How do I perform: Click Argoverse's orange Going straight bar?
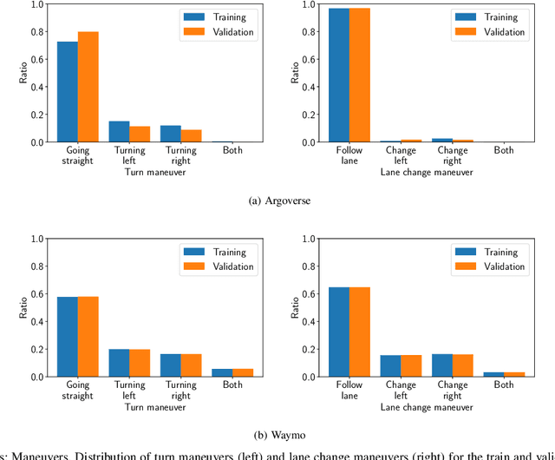[x=88, y=87]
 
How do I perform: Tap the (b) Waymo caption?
[x=277, y=436]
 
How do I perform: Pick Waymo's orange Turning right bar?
[x=191, y=365]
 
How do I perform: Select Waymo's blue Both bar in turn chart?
[x=222, y=372]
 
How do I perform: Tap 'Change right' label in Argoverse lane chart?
[x=452, y=155]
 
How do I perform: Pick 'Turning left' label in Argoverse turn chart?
[x=129, y=155]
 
